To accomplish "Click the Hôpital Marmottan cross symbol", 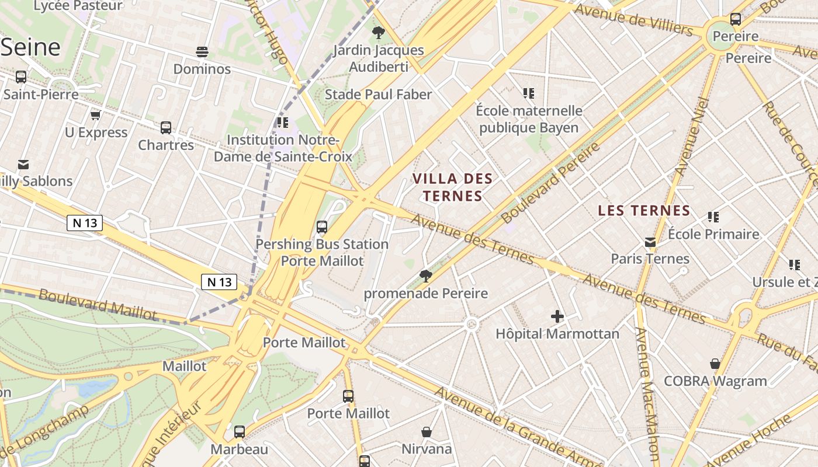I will (x=557, y=317).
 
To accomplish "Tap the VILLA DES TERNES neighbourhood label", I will (x=453, y=187).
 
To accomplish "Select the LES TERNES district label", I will (x=644, y=210).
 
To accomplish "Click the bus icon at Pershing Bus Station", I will (x=321, y=227).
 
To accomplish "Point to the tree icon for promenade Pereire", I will (x=426, y=276).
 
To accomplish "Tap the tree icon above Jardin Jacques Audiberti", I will (x=378, y=33).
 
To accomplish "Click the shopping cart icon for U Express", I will (x=96, y=115).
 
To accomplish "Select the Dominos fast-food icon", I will (x=202, y=52).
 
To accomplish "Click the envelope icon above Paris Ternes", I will (x=650, y=242).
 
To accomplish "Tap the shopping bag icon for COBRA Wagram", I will (x=715, y=364).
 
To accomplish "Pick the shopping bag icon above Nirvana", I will (x=427, y=432).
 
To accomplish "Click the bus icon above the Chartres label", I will (x=166, y=127).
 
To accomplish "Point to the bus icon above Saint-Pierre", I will (x=21, y=77).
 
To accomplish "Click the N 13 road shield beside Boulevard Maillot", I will (x=219, y=282).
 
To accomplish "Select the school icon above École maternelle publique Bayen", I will (x=529, y=93).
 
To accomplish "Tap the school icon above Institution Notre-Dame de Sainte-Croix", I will (x=283, y=123).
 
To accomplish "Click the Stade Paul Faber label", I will (x=378, y=95).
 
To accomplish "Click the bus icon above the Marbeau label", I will (x=240, y=432).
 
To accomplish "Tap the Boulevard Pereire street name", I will (x=550, y=182).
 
